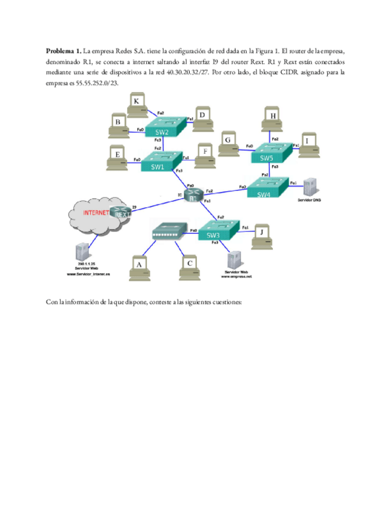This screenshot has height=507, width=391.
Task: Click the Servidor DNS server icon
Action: [309, 187]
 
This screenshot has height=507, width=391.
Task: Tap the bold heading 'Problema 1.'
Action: [63, 50]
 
